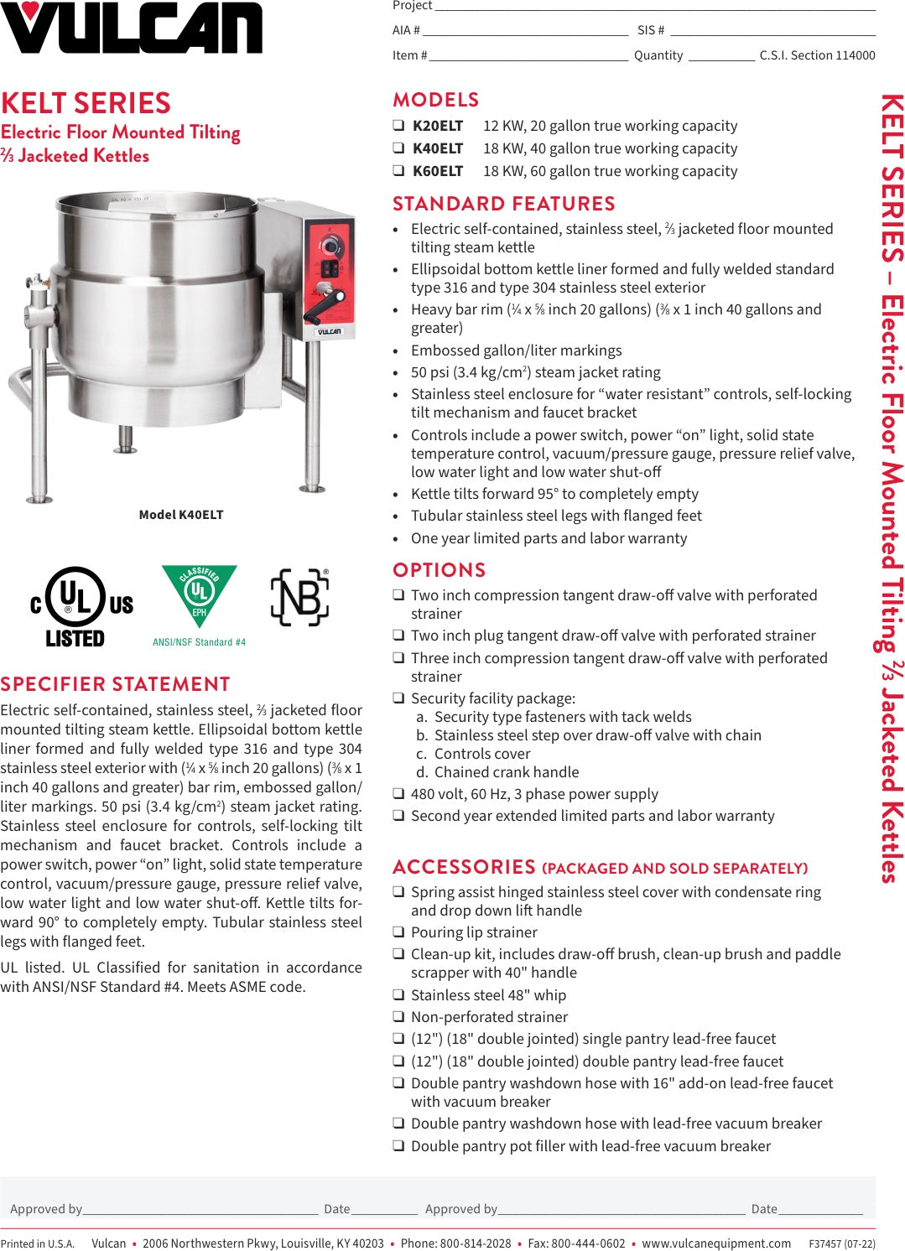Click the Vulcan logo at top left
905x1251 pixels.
click(131, 29)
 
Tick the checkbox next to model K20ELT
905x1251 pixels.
click(399, 126)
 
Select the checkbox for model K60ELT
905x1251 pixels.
click(399, 171)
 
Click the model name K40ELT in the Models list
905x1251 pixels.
click(437, 148)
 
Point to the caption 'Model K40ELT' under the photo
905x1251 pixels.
click(181, 515)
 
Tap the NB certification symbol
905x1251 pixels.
click(299, 597)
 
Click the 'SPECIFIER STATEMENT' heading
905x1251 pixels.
click(116, 684)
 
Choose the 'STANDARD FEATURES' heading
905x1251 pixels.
click(504, 204)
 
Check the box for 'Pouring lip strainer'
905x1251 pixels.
click(399, 932)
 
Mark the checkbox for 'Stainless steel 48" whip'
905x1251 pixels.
click(399, 995)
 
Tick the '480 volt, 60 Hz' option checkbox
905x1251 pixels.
click(399, 794)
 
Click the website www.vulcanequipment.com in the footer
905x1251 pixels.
click(716, 1243)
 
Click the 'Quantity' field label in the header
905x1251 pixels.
click(658, 55)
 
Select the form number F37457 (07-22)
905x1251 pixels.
click(841, 1243)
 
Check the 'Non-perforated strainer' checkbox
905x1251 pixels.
click(399, 1017)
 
